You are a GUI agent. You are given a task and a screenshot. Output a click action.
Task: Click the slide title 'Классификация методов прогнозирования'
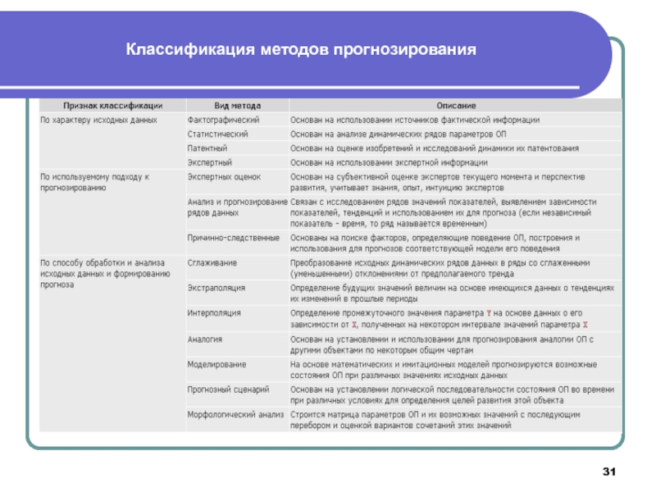301,51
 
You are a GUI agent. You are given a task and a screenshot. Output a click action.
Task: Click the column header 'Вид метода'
238,106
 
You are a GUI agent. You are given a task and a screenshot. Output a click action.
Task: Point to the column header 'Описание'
452,106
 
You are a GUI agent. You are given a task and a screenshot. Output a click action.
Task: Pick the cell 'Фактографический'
221,120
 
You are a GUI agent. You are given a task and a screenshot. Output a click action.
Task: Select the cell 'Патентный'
208,148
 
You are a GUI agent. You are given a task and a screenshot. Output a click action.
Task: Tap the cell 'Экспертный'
210,162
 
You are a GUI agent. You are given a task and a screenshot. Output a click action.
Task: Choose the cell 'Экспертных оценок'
223,176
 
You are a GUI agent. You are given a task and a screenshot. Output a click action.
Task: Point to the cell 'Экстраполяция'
216,288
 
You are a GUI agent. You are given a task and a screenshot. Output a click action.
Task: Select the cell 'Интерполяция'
214,313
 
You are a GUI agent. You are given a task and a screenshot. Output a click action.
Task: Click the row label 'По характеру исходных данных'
98,120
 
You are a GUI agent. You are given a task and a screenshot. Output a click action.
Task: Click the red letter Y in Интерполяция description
489,313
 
